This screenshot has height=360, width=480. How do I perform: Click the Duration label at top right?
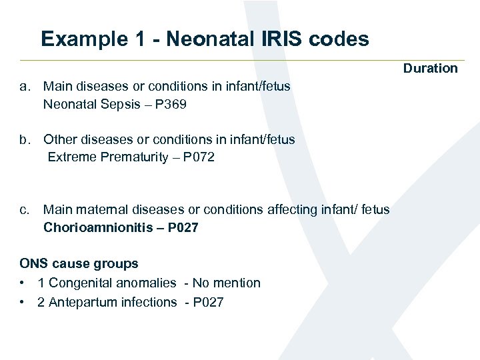[430, 68]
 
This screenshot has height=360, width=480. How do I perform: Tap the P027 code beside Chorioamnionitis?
[183, 228]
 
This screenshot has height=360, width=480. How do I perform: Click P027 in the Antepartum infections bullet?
[208, 302]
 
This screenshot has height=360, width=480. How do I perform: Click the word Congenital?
[79, 283]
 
